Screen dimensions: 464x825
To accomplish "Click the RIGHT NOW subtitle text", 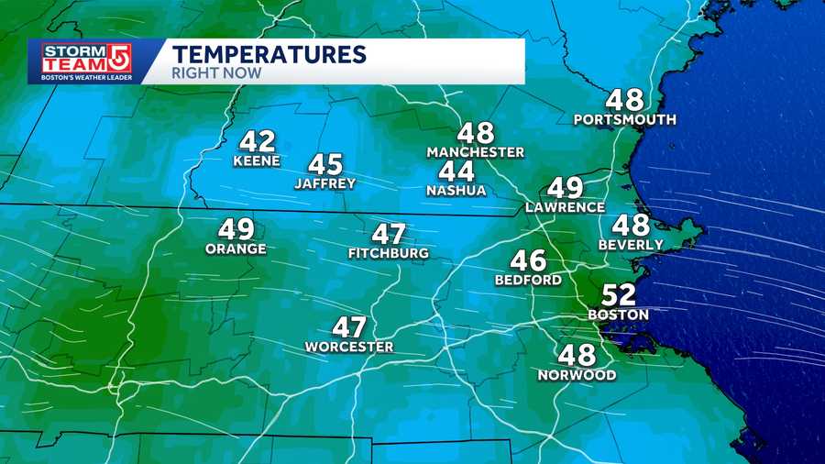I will click(x=216, y=72).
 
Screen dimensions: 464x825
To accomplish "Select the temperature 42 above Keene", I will click(x=258, y=142).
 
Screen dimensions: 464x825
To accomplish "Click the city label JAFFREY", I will click(x=324, y=183).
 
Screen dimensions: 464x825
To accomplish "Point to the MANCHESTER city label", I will click(x=476, y=152).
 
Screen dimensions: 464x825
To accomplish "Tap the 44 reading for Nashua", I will click(x=456, y=171).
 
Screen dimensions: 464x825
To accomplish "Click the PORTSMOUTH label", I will click(x=625, y=120).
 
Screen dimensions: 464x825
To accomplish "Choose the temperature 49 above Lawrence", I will click(x=565, y=189).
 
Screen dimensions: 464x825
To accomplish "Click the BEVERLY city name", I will click(x=631, y=245).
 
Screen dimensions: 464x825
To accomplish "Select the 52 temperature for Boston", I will click(x=617, y=295).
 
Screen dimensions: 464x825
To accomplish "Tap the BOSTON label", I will click(x=618, y=315).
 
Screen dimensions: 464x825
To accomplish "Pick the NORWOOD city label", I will click(x=577, y=375).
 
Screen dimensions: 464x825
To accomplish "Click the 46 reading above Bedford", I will click(x=528, y=261).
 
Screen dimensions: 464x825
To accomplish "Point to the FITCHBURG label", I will click(x=389, y=253).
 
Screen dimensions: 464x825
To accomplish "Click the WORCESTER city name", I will click(x=349, y=347).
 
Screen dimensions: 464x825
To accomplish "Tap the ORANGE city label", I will click(x=236, y=249).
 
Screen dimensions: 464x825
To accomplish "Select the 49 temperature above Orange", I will click(x=236, y=229).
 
